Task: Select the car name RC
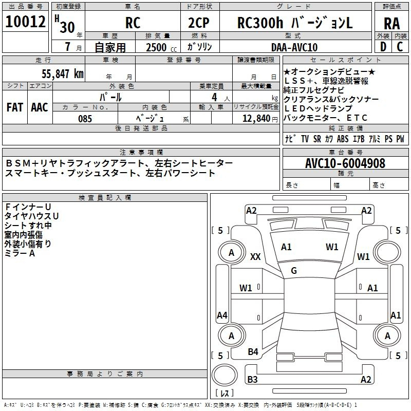pyautogui.click(x=133, y=24)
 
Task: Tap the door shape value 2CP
pyautogui.click(x=199, y=24)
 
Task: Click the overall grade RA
pyautogui.click(x=392, y=24)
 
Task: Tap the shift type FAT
pyautogui.click(x=15, y=107)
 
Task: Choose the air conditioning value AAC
pyautogui.click(x=40, y=107)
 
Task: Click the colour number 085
pyautogui.click(x=85, y=119)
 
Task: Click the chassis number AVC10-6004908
pyautogui.click(x=345, y=163)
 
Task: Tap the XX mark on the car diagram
pyautogui.click(x=255, y=257)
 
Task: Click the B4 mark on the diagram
pyautogui.click(x=253, y=351)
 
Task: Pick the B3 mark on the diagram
pyautogui.click(x=252, y=380)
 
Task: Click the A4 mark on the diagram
pyautogui.click(x=222, y=315)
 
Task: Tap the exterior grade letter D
pyautogui.click(x=382, y=47)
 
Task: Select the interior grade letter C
pyautogui.click(x=400, y=47)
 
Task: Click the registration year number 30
pyautogui.click(x=67, y=26)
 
